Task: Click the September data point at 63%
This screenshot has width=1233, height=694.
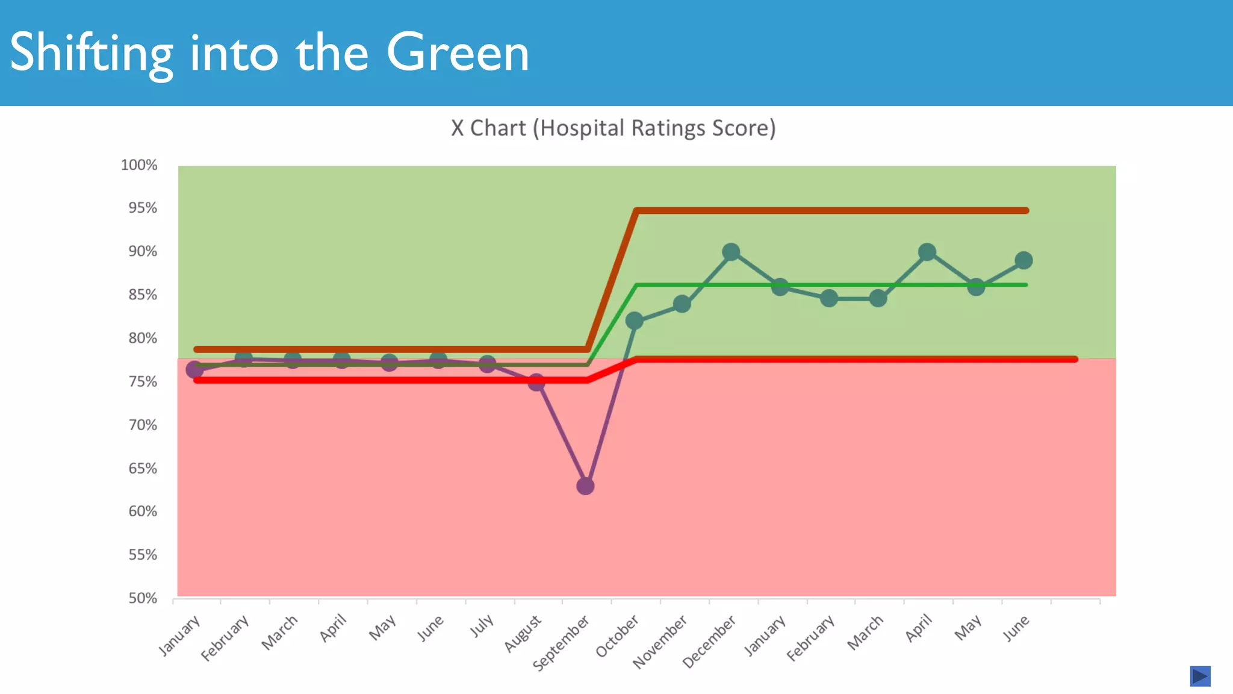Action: [x=585, y=486]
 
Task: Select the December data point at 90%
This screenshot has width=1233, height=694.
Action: [x=731, y=252]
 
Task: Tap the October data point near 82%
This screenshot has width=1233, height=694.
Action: [x=634, y=320]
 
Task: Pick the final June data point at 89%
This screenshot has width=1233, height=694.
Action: [x=1023, y=260]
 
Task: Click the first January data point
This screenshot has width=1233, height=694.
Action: [x=194, y=369]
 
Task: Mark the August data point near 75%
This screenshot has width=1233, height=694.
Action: [x=536, y=382]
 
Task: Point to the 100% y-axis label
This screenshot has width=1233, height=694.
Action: [x=139, y=165]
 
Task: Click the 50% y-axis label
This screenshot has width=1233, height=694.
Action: [x=143, y=598]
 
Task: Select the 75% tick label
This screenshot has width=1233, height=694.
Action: [x=143, y=382]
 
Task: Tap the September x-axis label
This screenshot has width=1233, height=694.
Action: [x=561, y=643]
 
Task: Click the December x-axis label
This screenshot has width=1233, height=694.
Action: [x=709, y=642]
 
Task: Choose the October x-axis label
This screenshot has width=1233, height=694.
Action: [x=617, y=636]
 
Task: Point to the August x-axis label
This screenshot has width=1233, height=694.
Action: [x=523, y=634]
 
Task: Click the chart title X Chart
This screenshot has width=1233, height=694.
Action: [x=613, y=128]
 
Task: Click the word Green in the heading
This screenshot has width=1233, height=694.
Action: [x=458, y=53]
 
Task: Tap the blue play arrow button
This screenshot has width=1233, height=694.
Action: [x=1200, y=676]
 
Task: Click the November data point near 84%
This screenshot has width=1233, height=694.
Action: [x=682, y=304]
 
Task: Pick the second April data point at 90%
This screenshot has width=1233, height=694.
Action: [x=927, y=252]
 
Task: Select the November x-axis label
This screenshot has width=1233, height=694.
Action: [x=660, y=642]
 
